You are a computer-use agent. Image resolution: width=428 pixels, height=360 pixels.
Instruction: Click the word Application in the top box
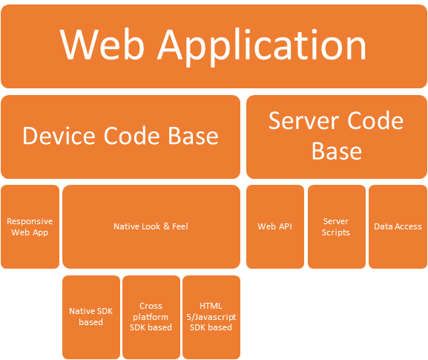pyautogui.click(x=262, y=47)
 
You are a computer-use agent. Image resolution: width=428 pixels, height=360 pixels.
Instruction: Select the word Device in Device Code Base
pyautogui.click(x=59, y=136)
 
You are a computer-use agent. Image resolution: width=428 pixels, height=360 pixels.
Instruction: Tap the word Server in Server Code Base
pyautogui.click(x=304, y=121)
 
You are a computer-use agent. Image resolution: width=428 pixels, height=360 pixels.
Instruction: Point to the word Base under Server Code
pyautogui.click(x=337, y=151)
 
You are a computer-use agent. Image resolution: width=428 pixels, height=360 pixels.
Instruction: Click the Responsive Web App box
pyautogui.click(x=30, y=226)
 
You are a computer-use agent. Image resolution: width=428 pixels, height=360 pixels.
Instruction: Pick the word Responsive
pyautogui.click(x=30, y=221)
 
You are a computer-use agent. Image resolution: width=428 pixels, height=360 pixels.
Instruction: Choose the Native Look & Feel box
pyautogui.click(x=151, y=226)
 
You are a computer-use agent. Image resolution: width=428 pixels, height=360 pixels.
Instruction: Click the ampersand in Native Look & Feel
pyautogui.click(x=166, y=226)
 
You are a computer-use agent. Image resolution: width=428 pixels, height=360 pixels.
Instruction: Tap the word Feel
pyautogui.click(x=180, y=226)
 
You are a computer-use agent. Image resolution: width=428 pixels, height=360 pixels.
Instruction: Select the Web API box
pyautogui.click(x=275, y=226)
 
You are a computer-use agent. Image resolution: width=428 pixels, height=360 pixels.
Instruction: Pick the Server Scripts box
pyautogui.click(x=337, y=226)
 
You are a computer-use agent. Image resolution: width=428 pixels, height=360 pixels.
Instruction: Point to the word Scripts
pyautogui.click(x=336, y=232)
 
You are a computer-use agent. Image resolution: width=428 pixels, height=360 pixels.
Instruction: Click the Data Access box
pyautogui.click(x=398, y=226)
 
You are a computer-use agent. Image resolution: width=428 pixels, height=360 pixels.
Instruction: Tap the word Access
pyautogui.click(x=409, y=226)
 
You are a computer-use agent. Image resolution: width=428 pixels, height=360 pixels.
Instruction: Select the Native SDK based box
pyautogui.click(x=91, y=317)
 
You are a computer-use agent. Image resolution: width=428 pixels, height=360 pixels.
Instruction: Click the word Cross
pyautogui.click(x=151, y=306)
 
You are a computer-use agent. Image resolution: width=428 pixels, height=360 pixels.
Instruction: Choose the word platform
pyautogui.click(x=151, y=317)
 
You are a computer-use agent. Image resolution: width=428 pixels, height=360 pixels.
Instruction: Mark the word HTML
pyautogui.click(x=211, y=306)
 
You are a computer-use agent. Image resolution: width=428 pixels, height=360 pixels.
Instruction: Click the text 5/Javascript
pyautogui.click(x=211, y=317)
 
